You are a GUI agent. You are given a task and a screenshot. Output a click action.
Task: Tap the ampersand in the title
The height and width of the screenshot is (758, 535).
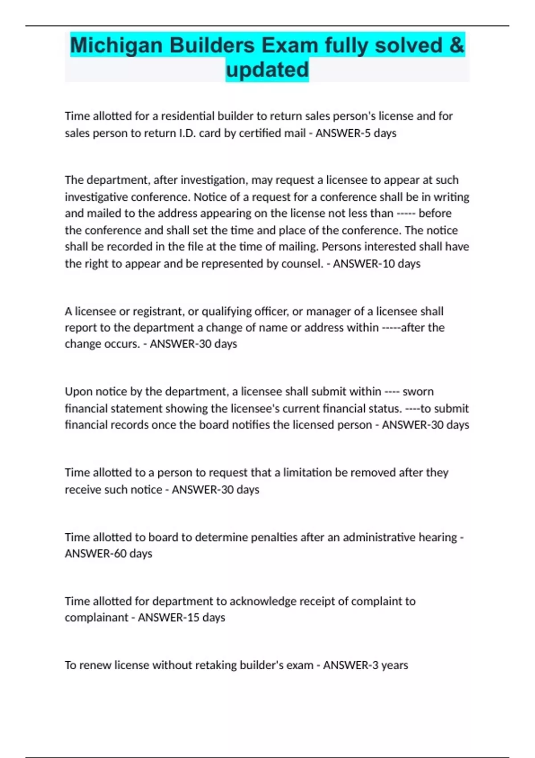click(457, 45)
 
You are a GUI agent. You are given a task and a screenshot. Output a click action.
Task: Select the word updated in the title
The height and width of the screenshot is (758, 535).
click(267, 70)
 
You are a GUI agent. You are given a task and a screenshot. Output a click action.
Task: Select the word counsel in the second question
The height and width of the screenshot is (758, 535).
click(301, 264)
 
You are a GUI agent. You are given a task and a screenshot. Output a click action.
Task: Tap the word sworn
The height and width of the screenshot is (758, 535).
click(418, 391)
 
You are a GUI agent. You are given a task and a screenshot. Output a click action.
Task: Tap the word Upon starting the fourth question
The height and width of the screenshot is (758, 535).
click(78, 391)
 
